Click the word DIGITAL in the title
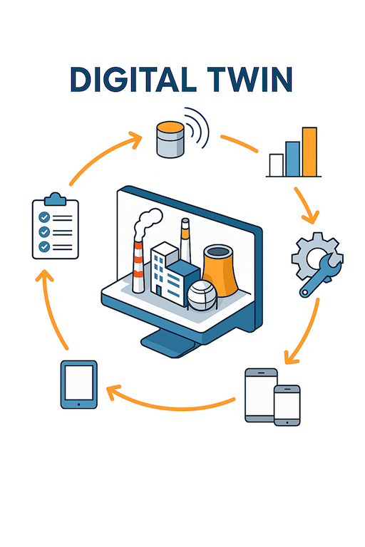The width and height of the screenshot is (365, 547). [133, 79]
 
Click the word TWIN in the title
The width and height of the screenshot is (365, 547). [250, 79]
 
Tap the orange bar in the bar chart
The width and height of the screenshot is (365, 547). [309, 152]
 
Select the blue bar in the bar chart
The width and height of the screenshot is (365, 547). [292, 159]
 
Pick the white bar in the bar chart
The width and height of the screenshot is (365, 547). [277, 165]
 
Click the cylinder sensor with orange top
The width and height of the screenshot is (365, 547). [170, 139]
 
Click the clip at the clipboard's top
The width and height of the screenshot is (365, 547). [55, 199]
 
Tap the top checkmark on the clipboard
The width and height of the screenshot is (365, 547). [44, 217]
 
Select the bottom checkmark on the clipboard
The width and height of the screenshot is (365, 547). [44, 246]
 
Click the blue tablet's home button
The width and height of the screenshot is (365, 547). [78, 405]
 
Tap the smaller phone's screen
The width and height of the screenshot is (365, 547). [287, 405]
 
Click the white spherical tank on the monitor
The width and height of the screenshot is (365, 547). [202, 295]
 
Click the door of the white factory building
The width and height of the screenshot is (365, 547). [159, 291]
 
